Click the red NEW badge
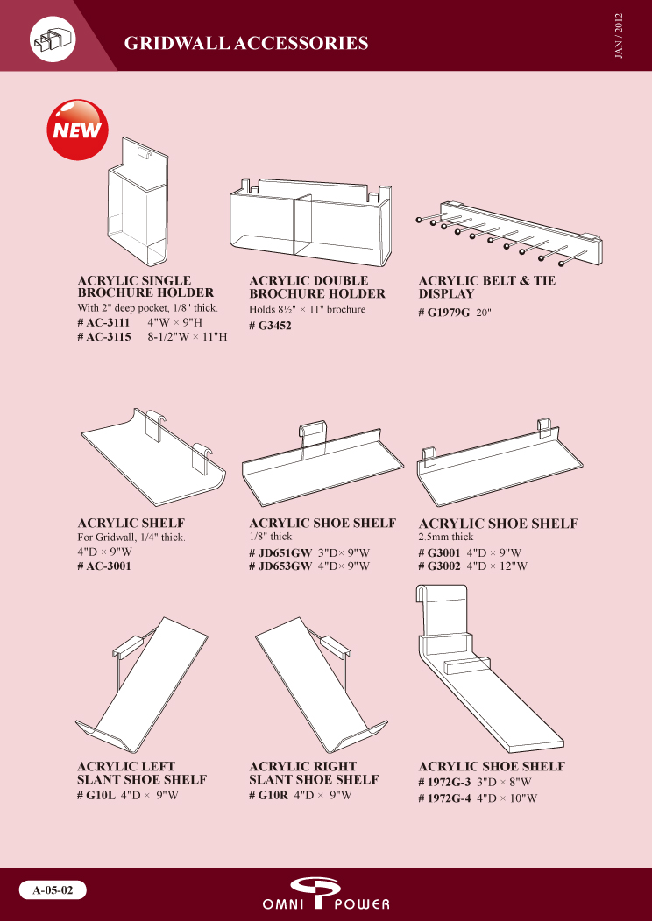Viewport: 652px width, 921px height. tap(77, 130)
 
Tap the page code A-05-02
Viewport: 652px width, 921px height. tap(53, 889)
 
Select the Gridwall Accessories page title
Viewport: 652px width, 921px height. tap(246, 43)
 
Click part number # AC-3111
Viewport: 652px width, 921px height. tap(103, 323)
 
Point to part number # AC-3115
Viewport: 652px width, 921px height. tap(104, 337)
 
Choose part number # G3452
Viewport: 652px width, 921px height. tap(271, 326)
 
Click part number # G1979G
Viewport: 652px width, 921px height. tap(444, 313)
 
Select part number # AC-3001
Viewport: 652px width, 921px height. tap(104, 566)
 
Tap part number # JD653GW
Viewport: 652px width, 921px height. tap(280, 566)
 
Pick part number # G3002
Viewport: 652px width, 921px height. tap(439, 566)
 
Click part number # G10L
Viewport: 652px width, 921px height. tap(96, 796)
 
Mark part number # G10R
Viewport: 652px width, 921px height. tap(269, 796)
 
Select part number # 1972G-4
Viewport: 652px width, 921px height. tap(444, 798)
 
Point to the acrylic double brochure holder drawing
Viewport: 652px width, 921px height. tap(311, 221)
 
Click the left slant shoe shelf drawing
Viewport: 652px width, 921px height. tap(142, 684)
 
